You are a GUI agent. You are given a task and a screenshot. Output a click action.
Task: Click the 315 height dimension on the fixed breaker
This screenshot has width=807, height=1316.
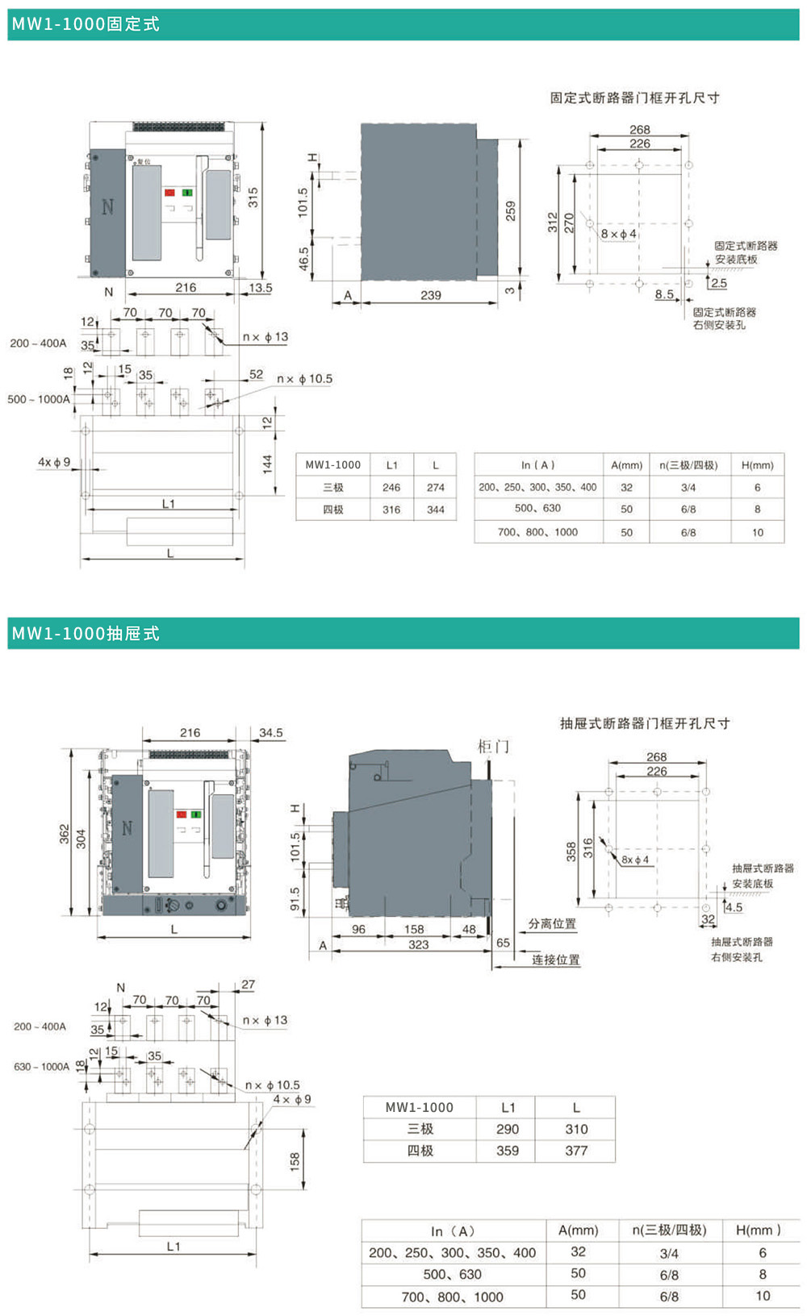coord(253,198)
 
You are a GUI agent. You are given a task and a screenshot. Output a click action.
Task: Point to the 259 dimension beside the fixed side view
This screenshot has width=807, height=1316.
coord(510,211)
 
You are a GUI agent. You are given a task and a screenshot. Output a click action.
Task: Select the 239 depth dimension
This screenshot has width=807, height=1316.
coord(431,295)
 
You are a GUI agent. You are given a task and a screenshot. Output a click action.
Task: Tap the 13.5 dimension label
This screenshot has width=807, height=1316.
coord(261,288)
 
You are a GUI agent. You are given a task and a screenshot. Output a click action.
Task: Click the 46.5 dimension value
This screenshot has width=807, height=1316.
coord(303,258)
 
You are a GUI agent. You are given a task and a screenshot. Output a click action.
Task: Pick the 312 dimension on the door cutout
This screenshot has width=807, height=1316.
coord(552,222)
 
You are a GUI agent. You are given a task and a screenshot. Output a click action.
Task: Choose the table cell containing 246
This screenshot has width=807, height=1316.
coord(391,487)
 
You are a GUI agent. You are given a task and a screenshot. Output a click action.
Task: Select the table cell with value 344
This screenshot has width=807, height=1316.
coord(436,510)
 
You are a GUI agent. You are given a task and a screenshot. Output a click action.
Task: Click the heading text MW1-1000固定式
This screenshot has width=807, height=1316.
coord(86,24)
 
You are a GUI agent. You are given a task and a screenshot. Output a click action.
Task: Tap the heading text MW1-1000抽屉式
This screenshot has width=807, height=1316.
coord(86,634)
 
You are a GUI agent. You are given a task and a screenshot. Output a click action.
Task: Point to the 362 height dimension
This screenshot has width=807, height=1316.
coord(65,835)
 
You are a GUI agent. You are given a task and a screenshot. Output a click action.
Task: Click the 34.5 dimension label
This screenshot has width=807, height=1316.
coord(271,733)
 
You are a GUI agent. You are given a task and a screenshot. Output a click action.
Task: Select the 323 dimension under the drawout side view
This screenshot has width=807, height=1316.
coord(418,944)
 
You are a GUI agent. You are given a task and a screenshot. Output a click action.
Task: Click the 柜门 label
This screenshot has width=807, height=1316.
coord(493,747)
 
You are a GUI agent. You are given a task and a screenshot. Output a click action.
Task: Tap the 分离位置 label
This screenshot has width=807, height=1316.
coord(553,924)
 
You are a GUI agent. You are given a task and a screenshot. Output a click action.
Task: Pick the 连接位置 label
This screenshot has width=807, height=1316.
coord(555,960)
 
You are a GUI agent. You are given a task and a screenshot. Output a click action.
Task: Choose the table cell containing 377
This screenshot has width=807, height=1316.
coord(576,1151)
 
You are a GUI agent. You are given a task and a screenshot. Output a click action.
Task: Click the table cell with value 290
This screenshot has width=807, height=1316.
coord(508,1129)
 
